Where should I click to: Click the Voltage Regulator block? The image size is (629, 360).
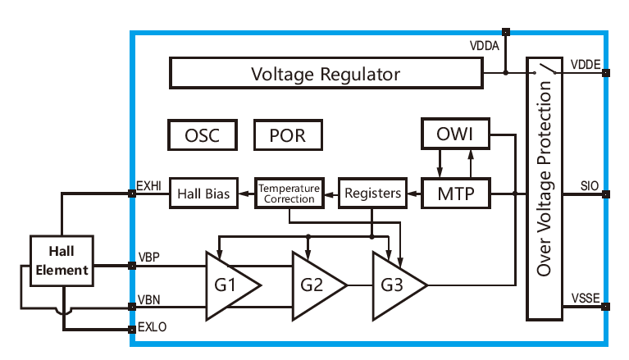click(326, 74)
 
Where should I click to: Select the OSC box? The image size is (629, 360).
click(202, 135)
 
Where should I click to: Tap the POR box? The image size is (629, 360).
click(287, 135)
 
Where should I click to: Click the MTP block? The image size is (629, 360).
click(455, 194)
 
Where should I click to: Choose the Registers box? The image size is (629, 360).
click(371, 194)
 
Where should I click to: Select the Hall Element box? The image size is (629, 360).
click(62, 260)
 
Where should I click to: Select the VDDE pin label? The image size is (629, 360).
click(585, 64)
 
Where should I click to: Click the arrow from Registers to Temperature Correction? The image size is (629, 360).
click(329, 194)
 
